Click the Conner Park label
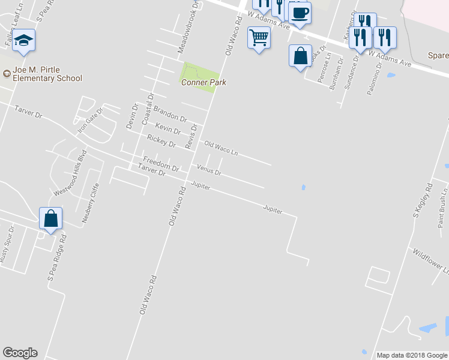pos(203,83)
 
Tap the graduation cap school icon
pos(24,41)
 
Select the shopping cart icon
pos(259,38)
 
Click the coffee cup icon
pos(300,12)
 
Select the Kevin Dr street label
pos(167,128)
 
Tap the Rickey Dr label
pos(161,143)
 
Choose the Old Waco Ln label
pos(221,148)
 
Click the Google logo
pos(20,353)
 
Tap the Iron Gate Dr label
pos(91,120)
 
